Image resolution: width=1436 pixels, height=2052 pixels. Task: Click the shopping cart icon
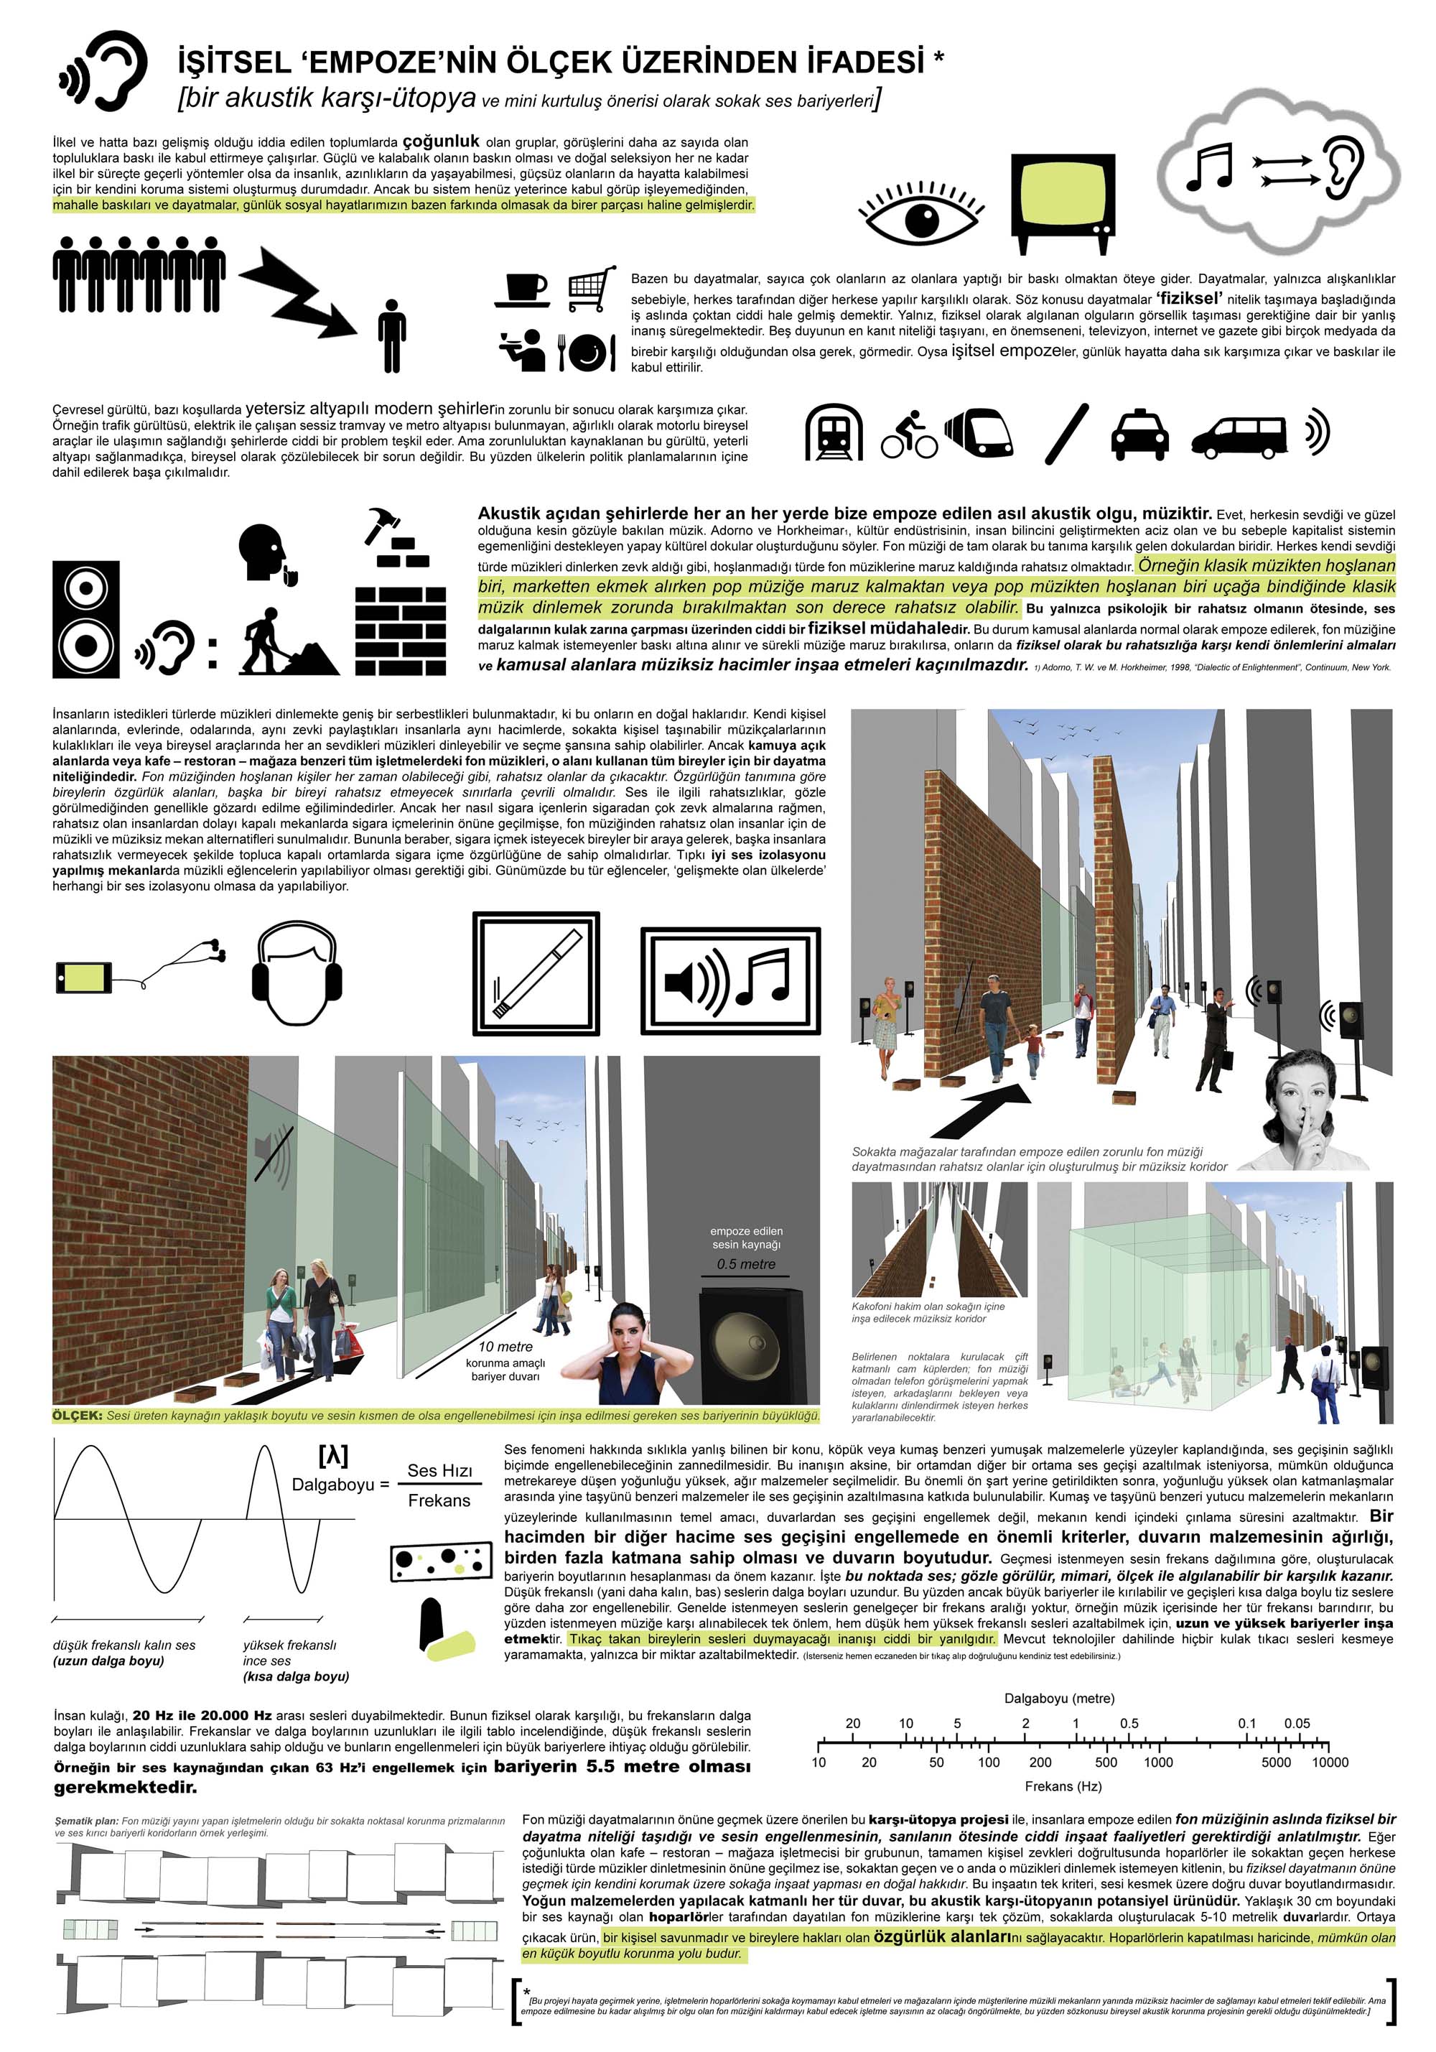click(592, 288)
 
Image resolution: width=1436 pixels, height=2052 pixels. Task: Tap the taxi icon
click(1139, 435)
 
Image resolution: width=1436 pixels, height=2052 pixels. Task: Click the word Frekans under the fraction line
click(439, 1500)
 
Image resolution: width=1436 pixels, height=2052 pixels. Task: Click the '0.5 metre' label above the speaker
click(745, 1263)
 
